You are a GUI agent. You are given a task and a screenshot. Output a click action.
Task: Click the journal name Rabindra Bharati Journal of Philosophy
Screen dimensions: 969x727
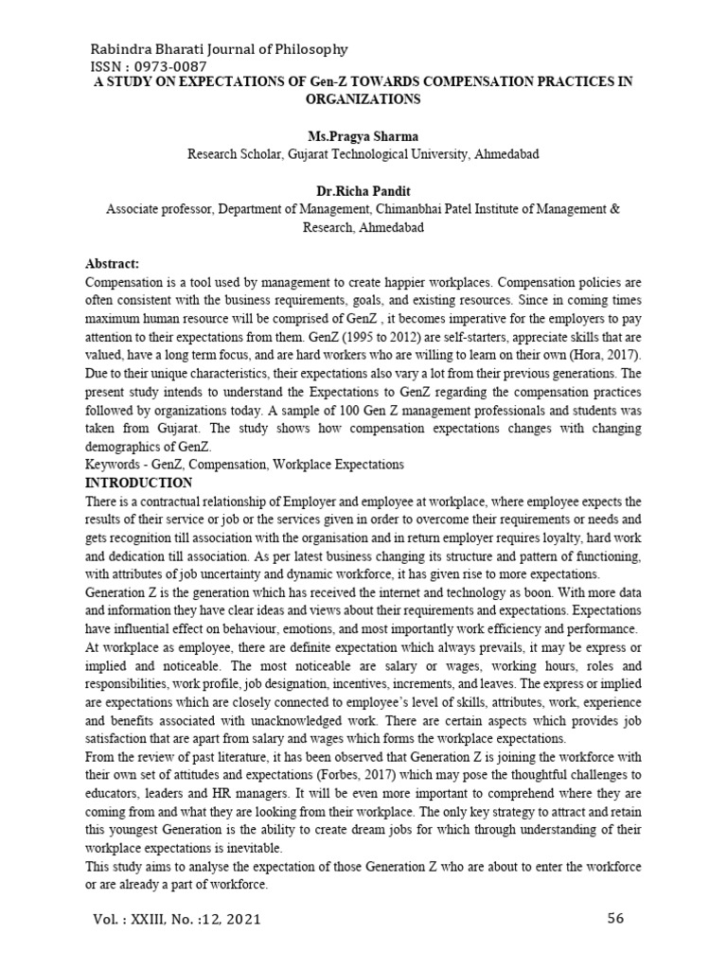[x=218, y=49]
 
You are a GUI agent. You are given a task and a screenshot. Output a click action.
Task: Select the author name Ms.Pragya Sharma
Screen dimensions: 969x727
[x=363, y=136]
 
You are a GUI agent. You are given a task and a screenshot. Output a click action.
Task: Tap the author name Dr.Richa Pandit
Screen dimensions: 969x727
[x=363, y=191]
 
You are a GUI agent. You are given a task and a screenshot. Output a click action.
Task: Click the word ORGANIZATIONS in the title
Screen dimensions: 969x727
[x=363, y=98]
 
